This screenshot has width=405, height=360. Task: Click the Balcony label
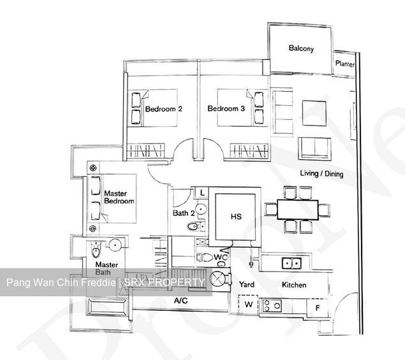click(x=301, y=48)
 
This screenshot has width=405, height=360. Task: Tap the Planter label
click(x=345, y=64)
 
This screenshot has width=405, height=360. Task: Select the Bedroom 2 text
click(x=163, y=109)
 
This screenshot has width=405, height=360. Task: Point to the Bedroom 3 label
click(x=226, y=109)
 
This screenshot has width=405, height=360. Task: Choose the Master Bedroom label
click(x=119, y=197)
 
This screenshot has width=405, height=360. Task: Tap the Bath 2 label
click(x=183, y=213)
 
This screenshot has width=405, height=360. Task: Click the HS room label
click(x=235, y=217)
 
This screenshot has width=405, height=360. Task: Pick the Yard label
click(x=247, y=285)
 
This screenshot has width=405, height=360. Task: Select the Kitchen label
click(x=294, y=285)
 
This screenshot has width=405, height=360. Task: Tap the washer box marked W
click(x=248, y=305)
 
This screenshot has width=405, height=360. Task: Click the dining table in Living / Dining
click(x=297, y=208)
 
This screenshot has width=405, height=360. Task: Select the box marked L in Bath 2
click(x=201, y=192)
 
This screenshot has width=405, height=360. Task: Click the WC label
click(x=221, y=257)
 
